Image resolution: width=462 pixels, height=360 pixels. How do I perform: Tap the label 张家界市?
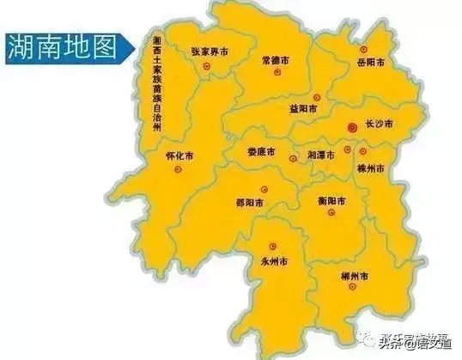[211, 52]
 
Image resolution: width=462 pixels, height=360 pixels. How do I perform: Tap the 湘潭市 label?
[323, 156]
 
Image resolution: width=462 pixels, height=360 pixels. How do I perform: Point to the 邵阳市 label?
[249, 203]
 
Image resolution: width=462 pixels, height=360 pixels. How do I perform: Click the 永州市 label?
[275, 260]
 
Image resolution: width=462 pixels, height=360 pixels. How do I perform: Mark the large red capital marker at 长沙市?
[351, 126]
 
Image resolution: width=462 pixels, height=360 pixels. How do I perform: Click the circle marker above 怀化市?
[179, 170]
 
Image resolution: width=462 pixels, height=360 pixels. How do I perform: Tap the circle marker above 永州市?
[274, 245]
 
